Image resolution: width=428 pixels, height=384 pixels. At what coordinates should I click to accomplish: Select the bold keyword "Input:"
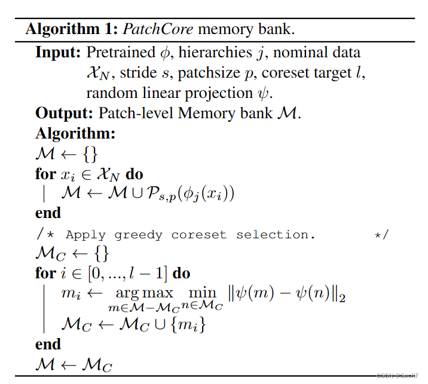58,52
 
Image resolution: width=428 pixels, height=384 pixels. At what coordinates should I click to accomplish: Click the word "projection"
225,93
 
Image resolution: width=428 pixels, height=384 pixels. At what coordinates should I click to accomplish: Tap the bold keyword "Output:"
63,113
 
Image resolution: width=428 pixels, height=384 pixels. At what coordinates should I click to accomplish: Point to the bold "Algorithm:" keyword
75,133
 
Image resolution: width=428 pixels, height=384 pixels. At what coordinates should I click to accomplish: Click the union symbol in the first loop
128,193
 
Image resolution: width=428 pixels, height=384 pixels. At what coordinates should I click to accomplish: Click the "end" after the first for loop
48,213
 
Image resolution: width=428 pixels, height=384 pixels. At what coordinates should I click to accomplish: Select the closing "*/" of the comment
381,235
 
